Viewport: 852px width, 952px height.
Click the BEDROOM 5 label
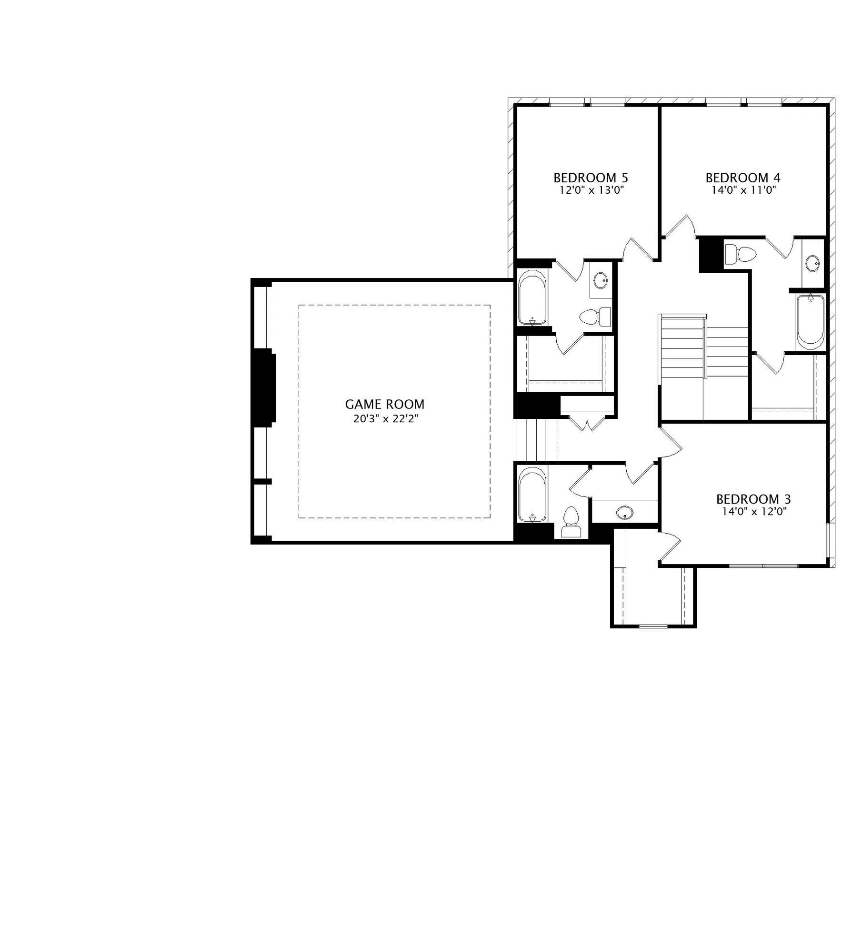591,178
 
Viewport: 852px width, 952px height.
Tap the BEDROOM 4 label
743,178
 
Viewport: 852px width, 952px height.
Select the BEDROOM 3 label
753,499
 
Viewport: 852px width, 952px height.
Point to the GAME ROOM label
384,404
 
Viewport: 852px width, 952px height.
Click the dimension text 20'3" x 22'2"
385,419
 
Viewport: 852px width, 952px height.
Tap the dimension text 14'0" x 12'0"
754,512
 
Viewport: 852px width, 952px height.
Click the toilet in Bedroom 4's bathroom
740,255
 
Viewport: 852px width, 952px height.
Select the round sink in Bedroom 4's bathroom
812,262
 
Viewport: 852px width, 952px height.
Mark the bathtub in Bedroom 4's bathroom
811,322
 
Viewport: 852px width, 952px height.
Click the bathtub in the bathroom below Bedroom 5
532,297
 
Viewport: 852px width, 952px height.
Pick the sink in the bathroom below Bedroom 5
601,280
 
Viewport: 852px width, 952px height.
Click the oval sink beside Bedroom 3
624,513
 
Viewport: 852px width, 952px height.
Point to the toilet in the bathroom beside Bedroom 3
571,523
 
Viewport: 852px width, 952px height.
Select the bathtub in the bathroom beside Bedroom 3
532,495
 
